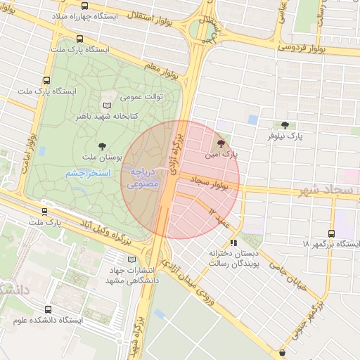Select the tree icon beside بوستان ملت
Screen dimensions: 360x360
click(x=104, y=146)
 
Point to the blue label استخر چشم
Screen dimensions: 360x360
click(x=85, y=173)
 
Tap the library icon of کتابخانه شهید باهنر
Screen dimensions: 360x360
click(x=107, y=105)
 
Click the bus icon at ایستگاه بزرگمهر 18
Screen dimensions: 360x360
click(x=332, y=234)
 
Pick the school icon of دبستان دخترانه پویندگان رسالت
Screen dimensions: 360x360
click(x=233, y=242)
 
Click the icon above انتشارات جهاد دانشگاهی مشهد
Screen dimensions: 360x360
click(x=131, y=259)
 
